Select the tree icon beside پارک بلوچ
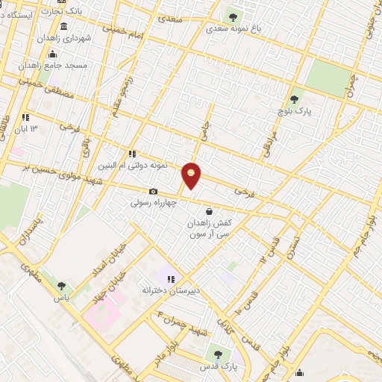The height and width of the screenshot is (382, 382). [x=294, y=99]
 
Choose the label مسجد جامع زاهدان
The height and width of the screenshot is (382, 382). [x=58, y=66]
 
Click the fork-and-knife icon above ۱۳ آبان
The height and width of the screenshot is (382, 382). [x=25, y=116]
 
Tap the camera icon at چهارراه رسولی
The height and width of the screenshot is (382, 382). [x=154, y=192]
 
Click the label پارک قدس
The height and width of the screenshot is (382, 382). [x=219, y=367]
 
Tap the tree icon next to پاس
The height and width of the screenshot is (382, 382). [x=61, y=285]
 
